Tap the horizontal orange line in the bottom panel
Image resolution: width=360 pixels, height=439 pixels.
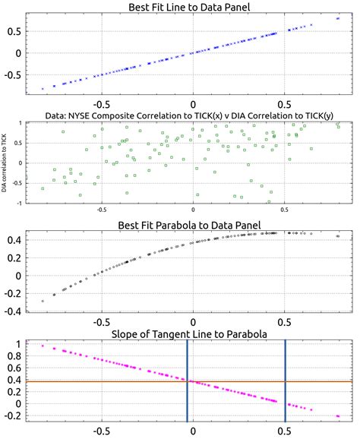tap(114, 381)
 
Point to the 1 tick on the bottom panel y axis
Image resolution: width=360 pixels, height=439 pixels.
tap(16, 344)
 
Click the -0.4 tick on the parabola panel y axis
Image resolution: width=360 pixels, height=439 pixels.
tap(12, 311)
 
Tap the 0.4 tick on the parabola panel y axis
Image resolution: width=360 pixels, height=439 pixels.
tap(14, 240)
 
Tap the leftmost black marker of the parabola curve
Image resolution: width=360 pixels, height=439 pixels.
tap(43, 301)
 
